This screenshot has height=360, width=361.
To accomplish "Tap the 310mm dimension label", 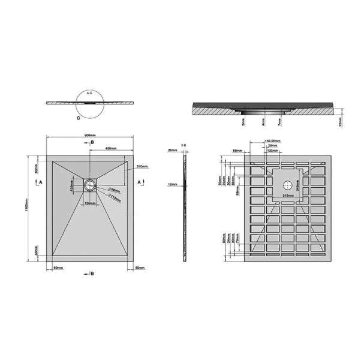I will point(142,166).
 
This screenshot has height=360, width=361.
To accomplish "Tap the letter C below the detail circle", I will point(79,118).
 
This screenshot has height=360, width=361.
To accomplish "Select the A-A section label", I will point(89,94).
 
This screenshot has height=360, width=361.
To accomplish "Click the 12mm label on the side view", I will point(172,184).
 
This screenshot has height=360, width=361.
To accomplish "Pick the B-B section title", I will point(184,145).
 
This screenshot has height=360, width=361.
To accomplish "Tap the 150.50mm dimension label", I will point(272,140).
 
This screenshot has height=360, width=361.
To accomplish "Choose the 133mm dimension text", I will point(272,151).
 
